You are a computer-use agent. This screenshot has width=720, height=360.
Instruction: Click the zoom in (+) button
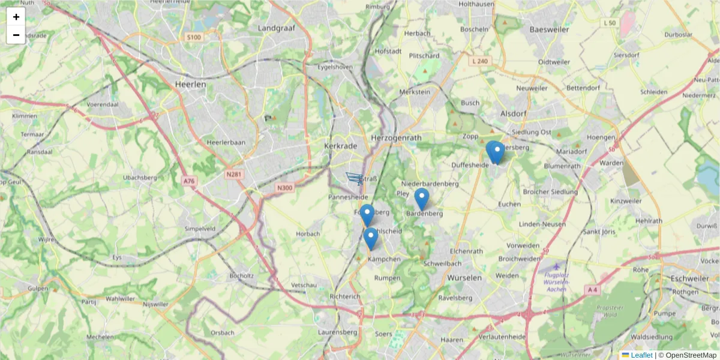[16, 17]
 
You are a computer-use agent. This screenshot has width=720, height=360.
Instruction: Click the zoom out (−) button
[16, 35]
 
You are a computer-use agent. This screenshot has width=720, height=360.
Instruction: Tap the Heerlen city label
[190, 85]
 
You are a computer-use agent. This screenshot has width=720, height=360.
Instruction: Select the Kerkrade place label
[341, 146]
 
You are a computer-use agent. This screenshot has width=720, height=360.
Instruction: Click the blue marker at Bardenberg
[422, 199]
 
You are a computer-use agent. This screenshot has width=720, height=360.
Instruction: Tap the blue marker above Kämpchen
[371, 238]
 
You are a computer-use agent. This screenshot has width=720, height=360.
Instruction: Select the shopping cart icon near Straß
[355, 178]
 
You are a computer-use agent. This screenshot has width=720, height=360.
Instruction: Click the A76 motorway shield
[190, 181]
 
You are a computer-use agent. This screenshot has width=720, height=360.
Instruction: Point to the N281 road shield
[233, 174]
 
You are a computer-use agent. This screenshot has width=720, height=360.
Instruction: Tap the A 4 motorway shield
[592, 290]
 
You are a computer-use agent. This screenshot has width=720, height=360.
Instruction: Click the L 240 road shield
[480, 61]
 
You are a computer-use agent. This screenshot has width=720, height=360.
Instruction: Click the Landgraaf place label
[274, 28]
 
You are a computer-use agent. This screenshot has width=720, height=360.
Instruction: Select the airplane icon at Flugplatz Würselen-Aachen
[556, 266]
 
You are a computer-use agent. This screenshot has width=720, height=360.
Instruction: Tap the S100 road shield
[194, 37]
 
